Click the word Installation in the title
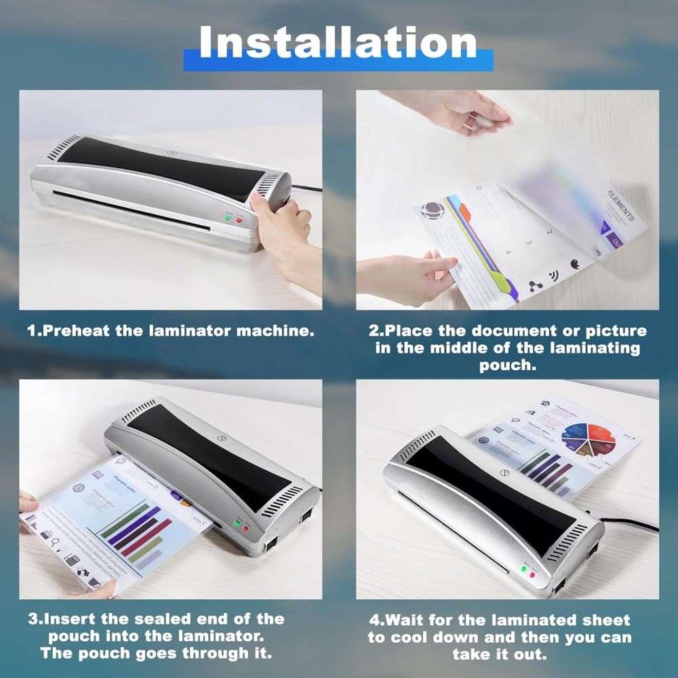tap(338, 43)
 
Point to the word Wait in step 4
tap(405, 620)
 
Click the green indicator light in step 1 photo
tap(229, 218)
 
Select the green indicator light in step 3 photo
tap(236, 523)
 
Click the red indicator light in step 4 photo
tap(532, 575)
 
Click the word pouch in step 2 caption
tap(508, 366)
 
